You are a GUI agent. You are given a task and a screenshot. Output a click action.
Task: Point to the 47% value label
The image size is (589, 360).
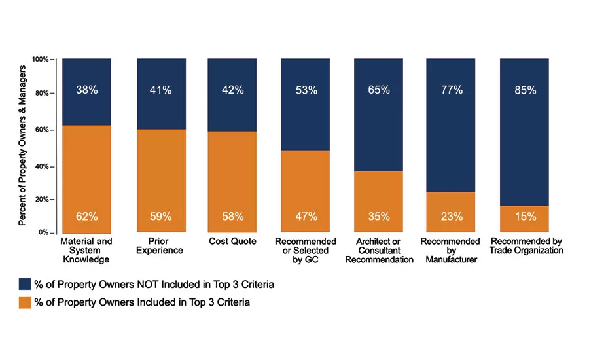306,216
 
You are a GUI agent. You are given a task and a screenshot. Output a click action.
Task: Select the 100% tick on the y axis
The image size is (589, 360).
40,60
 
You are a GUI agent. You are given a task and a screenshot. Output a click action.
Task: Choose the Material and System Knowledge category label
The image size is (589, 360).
86,250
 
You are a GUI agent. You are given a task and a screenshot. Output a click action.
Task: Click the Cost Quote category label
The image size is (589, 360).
232,242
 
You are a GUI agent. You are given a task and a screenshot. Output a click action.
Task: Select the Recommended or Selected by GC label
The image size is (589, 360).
306,250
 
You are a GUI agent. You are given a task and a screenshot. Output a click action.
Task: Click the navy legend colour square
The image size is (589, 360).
25,283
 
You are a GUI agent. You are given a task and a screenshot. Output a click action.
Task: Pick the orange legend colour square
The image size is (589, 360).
25,302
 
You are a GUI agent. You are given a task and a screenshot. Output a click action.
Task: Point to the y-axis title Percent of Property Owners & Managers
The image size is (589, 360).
22,145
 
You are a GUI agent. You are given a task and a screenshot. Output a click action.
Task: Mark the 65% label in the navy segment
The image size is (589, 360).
378,90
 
